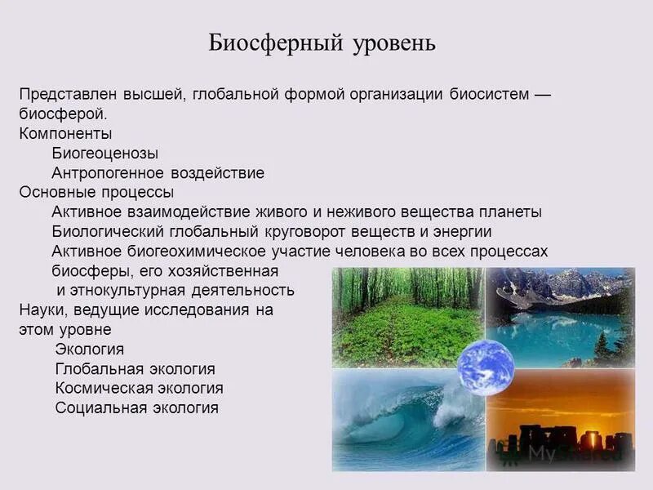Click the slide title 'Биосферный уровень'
coord(322,42)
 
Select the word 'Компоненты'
coord(65,133)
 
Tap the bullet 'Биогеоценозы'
coord(105,153)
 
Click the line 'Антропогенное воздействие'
coord(158,173)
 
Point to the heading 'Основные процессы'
coord(96,193)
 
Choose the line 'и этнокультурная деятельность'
coord(175,290)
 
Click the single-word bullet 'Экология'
coord(90,350)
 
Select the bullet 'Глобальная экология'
coord(135,369)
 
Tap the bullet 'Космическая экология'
coord(139,388)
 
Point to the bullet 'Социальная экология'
coord(136,408)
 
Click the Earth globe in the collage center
coord(485,367)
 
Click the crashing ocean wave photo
coord(400,425)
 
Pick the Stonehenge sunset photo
coord(563,425)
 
